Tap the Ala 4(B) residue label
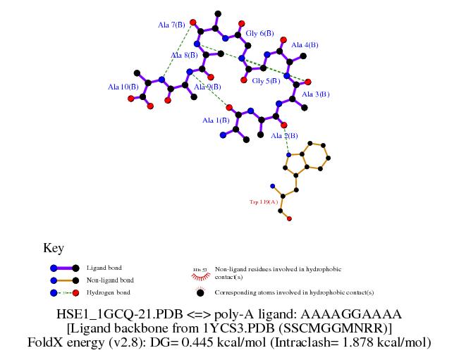point(305,44)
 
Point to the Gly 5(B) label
point(266,81)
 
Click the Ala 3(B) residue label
point(315,94)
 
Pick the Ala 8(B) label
point(183,55)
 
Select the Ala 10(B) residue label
point(123,87)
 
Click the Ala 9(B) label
point(208,87)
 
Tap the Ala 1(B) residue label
point(216,120)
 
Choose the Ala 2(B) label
point(285,135)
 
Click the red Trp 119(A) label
point(264,201)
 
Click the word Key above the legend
point(54,248)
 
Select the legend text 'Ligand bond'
point(104,268)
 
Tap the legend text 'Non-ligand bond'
point(110,280)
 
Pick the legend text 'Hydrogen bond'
point(108,292)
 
